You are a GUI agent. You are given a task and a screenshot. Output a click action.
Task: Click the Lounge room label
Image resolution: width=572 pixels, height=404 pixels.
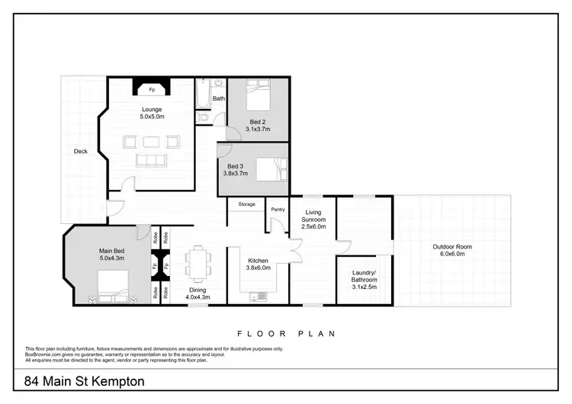[x=151, y=109]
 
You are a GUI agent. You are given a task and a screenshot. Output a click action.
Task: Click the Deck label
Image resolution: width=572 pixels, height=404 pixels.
[x=80, y=151]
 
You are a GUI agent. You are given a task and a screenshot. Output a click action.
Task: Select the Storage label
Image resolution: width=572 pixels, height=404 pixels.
[x=246, y=204]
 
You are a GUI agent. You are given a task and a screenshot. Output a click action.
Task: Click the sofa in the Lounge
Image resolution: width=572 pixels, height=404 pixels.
[x=151, y=159]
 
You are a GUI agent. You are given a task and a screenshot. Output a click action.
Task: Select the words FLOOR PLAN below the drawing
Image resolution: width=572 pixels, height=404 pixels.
[x=286, y=334]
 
